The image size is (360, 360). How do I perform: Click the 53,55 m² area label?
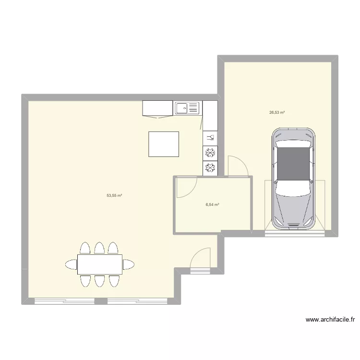pyautogui.click(x=114, y=196)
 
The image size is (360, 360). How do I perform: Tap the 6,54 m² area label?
pyautogui.click(x=212, y=204)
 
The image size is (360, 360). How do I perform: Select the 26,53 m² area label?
pyautogui.click(x=277, y=112)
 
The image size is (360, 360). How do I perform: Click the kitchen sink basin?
pyautogui.click(x=183, y=108)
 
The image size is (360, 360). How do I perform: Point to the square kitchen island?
pyautogui.click(x=164, y=144)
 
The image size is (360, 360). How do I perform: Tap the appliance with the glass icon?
pyautogui.click(x=210, y=138)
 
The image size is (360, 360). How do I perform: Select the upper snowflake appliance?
pyautogui.click(x=210, y=153)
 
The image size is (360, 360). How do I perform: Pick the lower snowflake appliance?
pyautogui.click(x=210, y=168)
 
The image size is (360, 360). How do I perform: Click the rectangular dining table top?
pyautogui.click(x=99, y=264)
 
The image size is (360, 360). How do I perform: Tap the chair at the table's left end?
pyautogui.click(x=71, y=264)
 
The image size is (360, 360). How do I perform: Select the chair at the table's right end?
pyautogui.click(x=128, y=264)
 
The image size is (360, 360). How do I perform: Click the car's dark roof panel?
pyautogui.click(x=294, y=164)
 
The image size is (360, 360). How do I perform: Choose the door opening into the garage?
pyautogui.click(x=238, y=166)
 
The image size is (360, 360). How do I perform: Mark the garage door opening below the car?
pyautogui.click(x=294, y=233)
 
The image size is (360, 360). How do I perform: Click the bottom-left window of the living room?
pyautogui.click(x=64, y=301)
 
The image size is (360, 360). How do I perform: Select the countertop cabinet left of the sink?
pyautogui.click(x=157, y=108)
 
